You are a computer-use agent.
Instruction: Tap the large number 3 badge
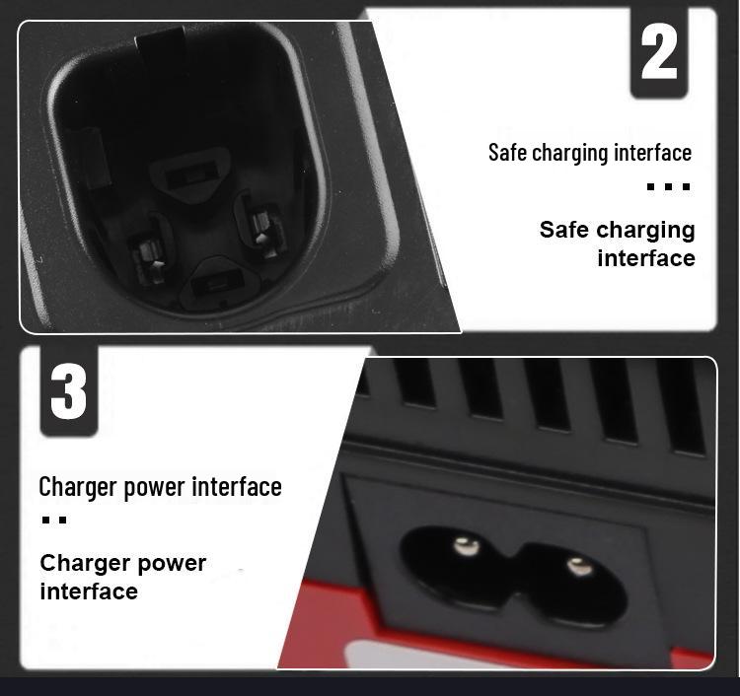(x=69, y=390)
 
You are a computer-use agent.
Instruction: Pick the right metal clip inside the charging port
(x=261, y=225)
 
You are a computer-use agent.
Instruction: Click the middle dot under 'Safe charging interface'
(x=668, y=186)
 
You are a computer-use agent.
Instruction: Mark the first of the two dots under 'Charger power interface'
(x=46, y=520)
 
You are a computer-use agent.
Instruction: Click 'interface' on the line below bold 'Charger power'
(x=88, y=592)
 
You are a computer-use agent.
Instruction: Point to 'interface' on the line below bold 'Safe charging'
(x=645, y=258)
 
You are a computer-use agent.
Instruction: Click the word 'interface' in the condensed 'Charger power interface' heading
(x=236, y=487)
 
